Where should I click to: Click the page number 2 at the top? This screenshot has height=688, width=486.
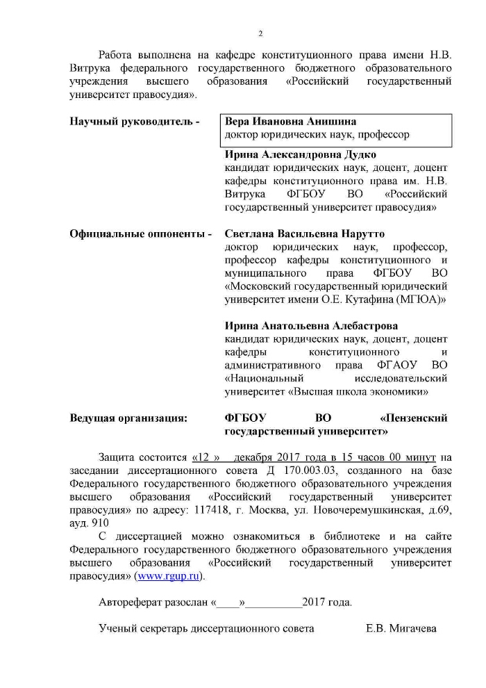pyautogui.click(x=260, y=33)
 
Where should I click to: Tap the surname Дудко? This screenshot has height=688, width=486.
pyautogui.click(x=355, y=155)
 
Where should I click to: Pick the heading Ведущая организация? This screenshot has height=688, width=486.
pyautogui.click(x=128, y=418)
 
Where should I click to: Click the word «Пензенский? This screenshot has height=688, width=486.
pyautogui.click(x=414, y=418)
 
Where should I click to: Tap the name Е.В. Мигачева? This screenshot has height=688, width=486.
pyautogui.click(x=401, y=628)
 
